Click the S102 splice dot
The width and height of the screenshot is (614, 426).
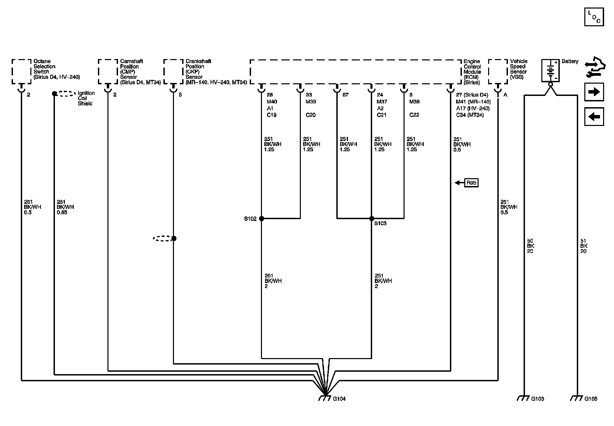262,218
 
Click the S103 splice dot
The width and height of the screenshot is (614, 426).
371,218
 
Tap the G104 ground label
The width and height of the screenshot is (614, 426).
339,399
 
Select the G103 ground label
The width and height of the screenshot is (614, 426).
538,399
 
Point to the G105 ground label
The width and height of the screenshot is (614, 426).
591,399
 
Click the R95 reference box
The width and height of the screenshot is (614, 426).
471,183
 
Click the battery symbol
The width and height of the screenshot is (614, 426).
550,71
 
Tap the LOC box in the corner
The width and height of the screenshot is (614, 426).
594,17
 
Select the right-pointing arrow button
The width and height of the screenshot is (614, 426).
594,92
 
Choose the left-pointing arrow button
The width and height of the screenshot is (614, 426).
594,117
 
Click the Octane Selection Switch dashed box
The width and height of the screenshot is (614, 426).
21,71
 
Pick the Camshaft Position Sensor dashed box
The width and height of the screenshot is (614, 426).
108,71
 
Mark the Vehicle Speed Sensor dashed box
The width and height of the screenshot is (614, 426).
498,71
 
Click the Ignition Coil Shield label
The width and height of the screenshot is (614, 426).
86,98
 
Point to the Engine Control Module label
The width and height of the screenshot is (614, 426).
472,72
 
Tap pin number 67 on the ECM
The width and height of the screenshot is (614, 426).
346,95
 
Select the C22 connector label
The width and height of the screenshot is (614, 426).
414,115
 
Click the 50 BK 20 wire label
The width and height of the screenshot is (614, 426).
530,246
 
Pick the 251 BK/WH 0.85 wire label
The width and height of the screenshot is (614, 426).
65,207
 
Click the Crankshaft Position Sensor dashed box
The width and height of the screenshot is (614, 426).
174,71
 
